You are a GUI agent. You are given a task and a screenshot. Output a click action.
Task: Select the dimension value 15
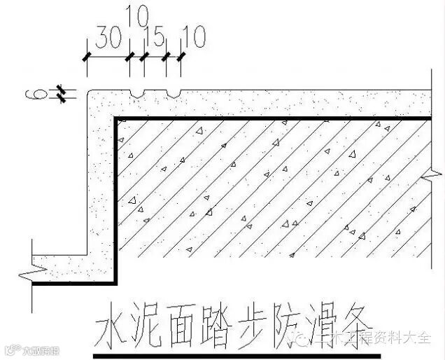(x=154, y=37)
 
